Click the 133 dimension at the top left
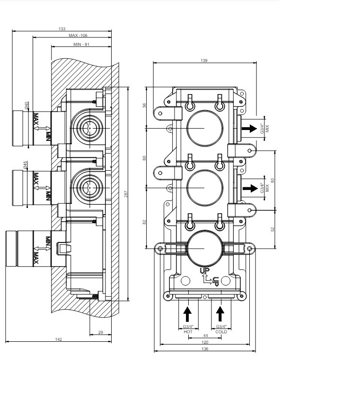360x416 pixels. [x=62, y=29]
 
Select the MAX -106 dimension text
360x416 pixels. [x=78, y=35]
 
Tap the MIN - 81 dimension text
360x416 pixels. [x=81, y=44]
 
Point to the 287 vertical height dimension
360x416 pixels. [x=126, y=194]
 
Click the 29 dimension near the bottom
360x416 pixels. [x=101, y=332]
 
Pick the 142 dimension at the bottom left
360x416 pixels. [x=58, y=339]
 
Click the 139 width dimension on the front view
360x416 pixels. [x=204, y=61]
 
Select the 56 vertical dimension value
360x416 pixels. [x=144, y=105]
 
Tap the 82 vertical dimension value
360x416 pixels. [x=144, y=222]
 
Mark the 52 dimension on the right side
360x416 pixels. [x=272, y=229]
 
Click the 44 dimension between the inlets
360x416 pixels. [x=205, y=336]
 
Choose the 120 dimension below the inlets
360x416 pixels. [x=205, y=342]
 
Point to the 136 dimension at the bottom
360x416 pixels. [x=205, y=349]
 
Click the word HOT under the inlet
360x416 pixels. [x=188, y=332]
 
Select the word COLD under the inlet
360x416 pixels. [x=221, y=332]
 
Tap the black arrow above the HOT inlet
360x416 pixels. [x=187, y=314]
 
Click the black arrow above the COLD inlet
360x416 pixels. [x=220, y=314]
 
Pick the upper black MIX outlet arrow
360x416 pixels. [x=249, y=129]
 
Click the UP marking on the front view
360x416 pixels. [x=205, y=270]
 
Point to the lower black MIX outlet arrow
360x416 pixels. [x=250, y=188]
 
